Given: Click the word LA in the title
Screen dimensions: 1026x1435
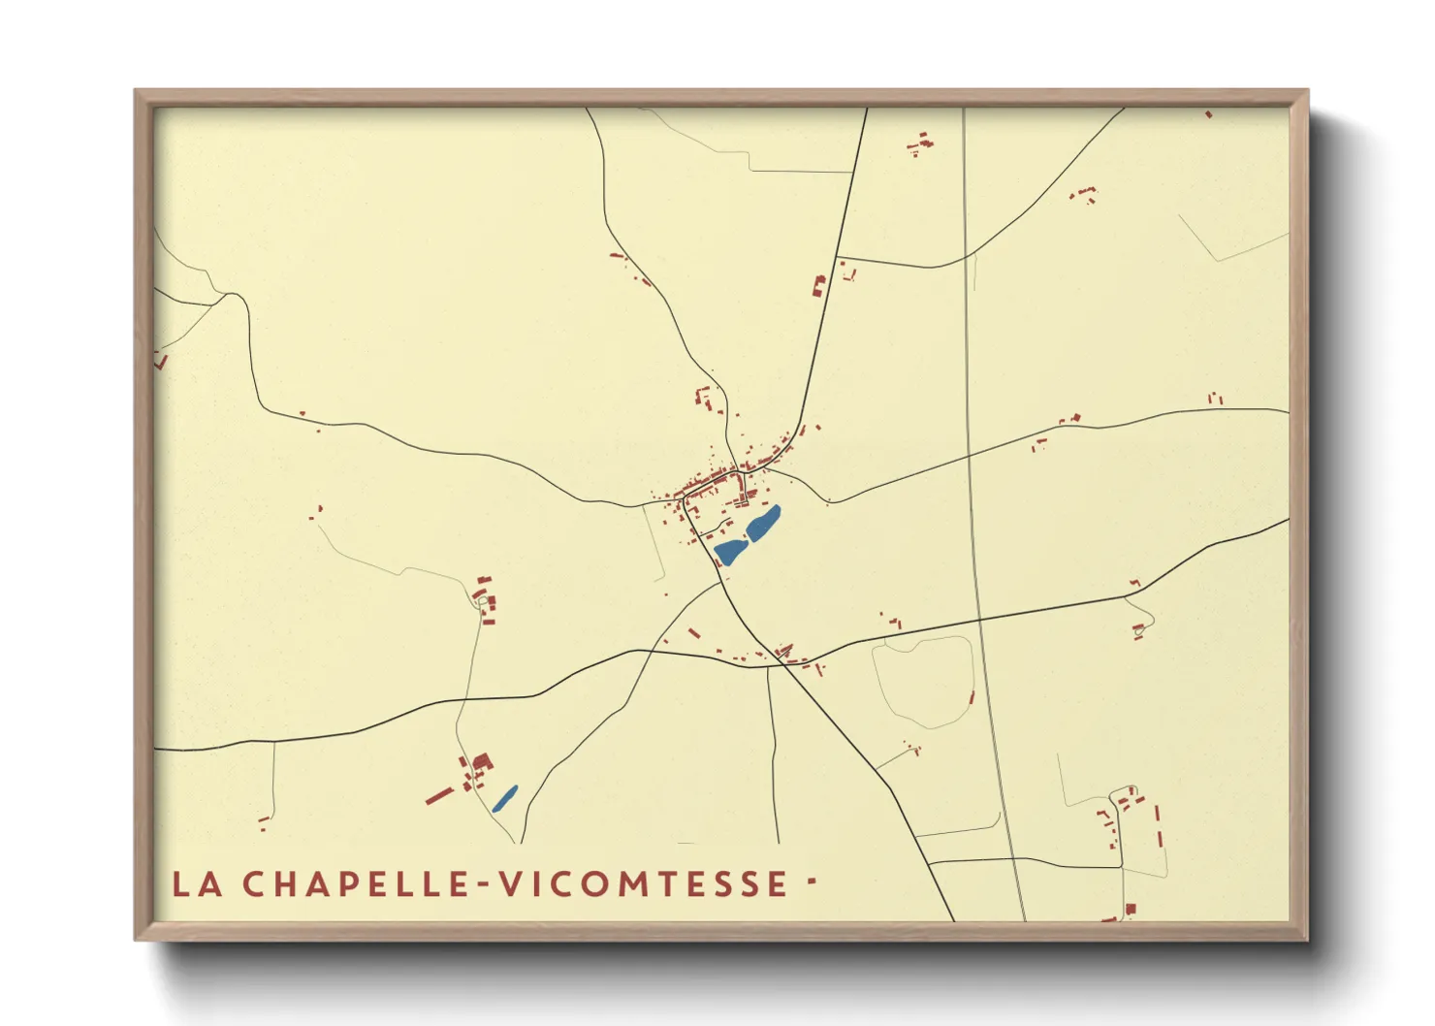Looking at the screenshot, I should pyautogui.click(x=197, y=883).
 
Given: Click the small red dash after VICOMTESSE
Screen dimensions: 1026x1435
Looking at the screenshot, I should pyautogui.click(x=811, y=882).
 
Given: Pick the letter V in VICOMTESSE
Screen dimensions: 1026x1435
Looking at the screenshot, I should pyautogui.click(x=511, y=883).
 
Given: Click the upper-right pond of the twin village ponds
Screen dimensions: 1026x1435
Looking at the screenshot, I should pyautogui.click(x=763, y=524).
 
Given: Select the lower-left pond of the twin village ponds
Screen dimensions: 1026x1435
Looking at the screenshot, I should pyautogui.click(x=730, y=552).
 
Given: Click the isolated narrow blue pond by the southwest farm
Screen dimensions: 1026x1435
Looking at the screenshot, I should pyautogui.click(x=504, y=798).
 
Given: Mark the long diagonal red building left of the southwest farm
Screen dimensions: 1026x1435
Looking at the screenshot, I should pyautogui.click(x=439, y=796).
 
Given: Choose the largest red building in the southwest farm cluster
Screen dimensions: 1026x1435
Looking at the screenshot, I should pyautogui.click(x=482, y=761).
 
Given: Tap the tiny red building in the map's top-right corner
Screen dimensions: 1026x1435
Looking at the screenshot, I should pyautogui.click(x=1208, y=114).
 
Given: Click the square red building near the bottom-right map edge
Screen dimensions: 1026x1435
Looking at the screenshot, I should pyautogui.click(x=1130, y=909).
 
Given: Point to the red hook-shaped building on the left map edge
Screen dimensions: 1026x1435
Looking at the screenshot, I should pyautogui.click(x=161, y=362).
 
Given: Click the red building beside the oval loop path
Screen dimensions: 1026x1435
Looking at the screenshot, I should pyautogui.click(x=972, y=696).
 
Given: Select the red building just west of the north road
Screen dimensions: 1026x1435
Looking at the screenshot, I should pyautogui.click(x=817, y=285).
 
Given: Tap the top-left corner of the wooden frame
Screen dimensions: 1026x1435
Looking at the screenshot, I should pyautogui.click(x=136, y=91).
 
